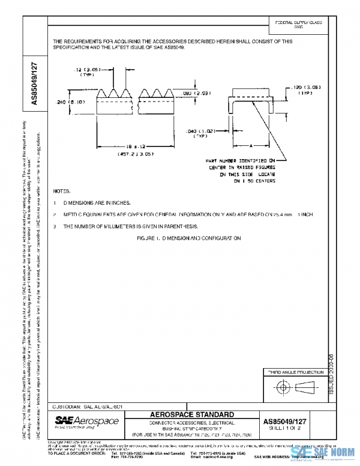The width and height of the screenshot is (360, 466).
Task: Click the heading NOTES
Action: point(62,191)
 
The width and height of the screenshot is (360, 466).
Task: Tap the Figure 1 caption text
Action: point(189,238)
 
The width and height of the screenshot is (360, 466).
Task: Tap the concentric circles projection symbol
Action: point(282,389)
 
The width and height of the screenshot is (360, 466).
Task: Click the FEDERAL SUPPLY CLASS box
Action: point(298,24)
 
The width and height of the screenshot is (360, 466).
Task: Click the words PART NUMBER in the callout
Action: point(221,161)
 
